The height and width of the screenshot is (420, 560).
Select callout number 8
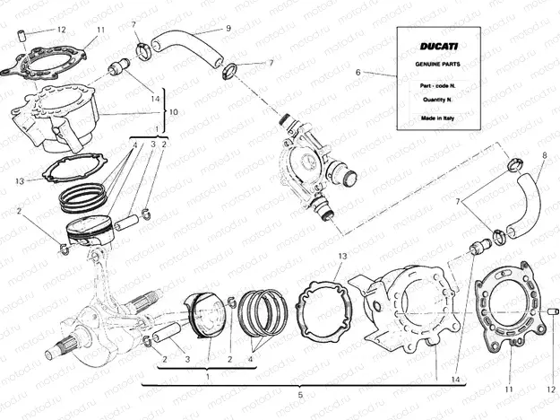544,156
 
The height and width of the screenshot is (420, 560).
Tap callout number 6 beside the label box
358,71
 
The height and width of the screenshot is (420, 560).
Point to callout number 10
174,112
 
